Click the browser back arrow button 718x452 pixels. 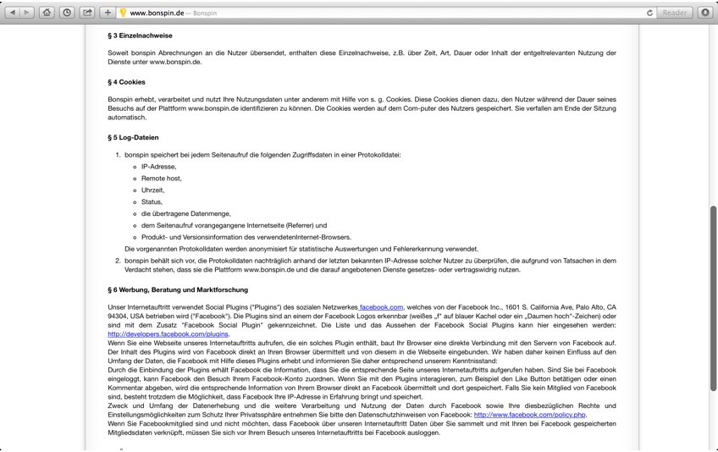click(13, 13)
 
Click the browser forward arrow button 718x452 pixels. click(27, 13)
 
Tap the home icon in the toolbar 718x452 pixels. click(47, 13)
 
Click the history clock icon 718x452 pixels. click(67, 13)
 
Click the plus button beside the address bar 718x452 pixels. click(108, 13)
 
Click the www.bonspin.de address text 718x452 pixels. click(157, 13)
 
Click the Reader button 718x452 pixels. click(675, 13)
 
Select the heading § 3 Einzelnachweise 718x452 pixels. click(140, 36)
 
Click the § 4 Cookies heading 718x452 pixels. click(126, 82)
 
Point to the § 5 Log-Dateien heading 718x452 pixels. click(133, 137)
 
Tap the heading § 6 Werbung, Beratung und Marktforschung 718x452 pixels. click(178, 289)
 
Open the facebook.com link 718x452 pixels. click(381, 307)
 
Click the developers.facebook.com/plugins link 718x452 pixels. click(168, 334)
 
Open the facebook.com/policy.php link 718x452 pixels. click(529, 415)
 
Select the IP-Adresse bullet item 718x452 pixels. click(158, 167)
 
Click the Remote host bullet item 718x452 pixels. click(161, 179)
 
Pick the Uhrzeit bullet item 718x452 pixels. click(152, 190)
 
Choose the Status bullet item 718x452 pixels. click(151, 202)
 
